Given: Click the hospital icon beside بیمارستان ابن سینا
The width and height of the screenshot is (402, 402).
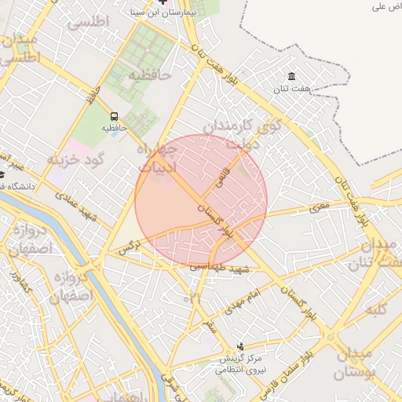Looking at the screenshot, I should pos(164,2).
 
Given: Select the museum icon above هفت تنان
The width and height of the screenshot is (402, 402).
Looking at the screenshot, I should pos(292,76).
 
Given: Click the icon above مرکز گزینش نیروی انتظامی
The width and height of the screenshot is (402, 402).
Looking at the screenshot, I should pos(241,345).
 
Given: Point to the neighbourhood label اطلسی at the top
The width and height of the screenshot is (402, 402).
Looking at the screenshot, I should pos(88,21).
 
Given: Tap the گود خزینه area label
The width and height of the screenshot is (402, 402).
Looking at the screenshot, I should pos(76,160).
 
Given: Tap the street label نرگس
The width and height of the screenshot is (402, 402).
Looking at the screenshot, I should pos(128,249).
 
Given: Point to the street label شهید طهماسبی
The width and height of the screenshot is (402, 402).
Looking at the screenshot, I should pos(219,269).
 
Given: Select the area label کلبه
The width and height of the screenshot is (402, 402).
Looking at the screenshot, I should pos(377,309).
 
